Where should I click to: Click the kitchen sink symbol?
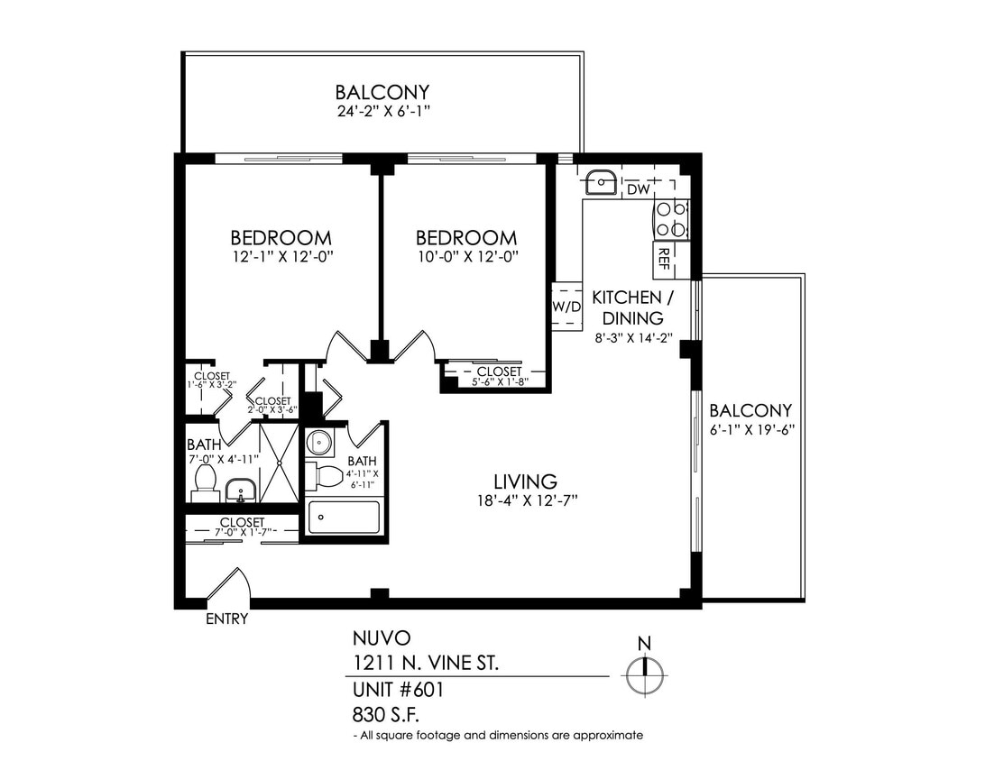click(x=601, y=182)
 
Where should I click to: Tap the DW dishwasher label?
click(x=638, y=189)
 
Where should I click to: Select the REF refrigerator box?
click(x=664, y=259)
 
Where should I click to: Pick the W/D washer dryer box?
click(x=566, y=307)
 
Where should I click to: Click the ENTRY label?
click(x=226, y=619)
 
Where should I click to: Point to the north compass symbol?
click(x=645, y=673)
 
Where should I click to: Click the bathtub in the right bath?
click(x=345, y=518)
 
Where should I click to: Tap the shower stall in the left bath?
click(x=279, y=463)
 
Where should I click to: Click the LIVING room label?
click(x=524, y=481)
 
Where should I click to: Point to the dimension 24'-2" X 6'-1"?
click(x=382, y=113)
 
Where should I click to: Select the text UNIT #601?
click(x=398, y=691)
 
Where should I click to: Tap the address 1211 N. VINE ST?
click(x=424, y=665)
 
